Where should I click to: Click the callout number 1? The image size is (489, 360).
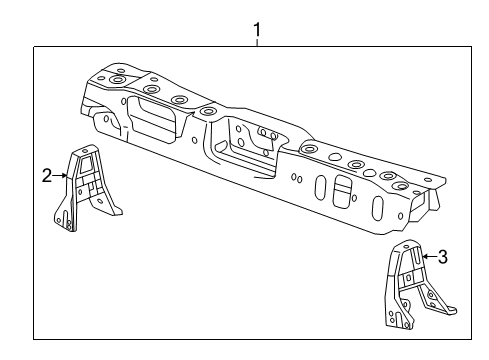coord(257,29)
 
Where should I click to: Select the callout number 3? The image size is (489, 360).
coord(442,257)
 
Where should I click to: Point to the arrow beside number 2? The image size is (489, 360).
coord(61,175)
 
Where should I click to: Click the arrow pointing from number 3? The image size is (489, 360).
coord(427,257)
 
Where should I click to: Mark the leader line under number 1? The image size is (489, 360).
coord(257,41)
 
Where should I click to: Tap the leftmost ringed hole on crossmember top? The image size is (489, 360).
coord(119,79)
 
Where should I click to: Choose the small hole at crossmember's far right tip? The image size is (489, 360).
coord(428,180)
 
